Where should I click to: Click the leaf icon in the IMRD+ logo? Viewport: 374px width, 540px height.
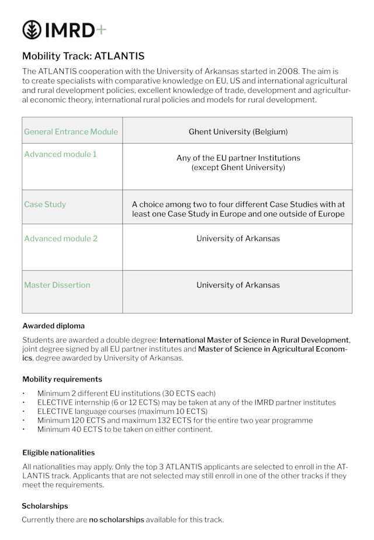point(32,29)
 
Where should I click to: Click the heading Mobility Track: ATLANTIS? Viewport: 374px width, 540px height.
point(83,56)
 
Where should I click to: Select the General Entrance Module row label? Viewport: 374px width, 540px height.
point(71,132)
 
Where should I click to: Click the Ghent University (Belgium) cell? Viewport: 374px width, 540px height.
point(238,132)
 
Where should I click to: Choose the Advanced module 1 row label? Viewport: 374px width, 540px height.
point(60,154)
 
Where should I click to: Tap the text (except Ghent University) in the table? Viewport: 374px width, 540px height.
point(238,168)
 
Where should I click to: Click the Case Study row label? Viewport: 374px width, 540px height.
point(45,204)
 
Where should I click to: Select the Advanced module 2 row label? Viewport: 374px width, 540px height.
point(61,238)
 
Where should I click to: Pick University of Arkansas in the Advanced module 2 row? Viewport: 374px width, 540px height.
point(238,238)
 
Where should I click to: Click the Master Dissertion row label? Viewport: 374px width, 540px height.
point(57,285)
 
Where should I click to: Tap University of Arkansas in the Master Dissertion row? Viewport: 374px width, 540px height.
point(238,285)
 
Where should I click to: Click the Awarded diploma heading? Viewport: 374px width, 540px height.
point(53,326)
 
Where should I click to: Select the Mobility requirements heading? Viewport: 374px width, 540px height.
point(62,379)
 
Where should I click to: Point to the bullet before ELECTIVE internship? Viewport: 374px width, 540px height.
point(24,403)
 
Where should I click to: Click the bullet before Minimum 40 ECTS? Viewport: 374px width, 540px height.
point(24,430)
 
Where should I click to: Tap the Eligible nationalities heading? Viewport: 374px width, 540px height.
point(58,452)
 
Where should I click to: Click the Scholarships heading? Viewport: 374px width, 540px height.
point(45,506)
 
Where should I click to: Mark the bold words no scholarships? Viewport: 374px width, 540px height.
point(116,520)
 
